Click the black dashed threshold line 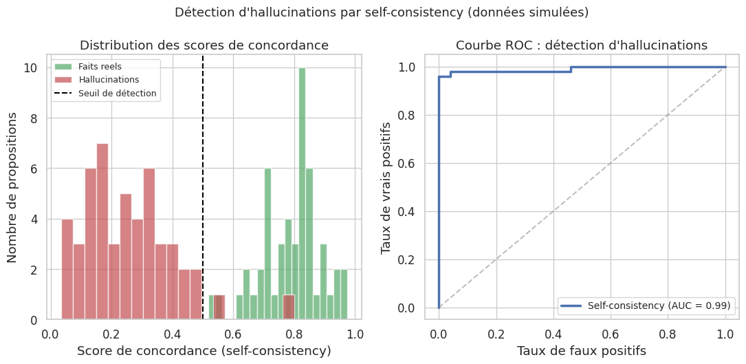click(203, 206)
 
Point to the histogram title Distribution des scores click(204, 45)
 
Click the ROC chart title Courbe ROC click(582, 45)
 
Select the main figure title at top click(382, 12)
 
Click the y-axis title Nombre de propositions click(12, 187)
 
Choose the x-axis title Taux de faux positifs click(582, 351)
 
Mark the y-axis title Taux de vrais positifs click(387, 187)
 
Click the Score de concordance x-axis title click(204, 351)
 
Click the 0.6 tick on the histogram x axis click(234, 334)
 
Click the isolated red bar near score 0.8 click(289, 308)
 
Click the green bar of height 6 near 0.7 click(268, 244)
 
